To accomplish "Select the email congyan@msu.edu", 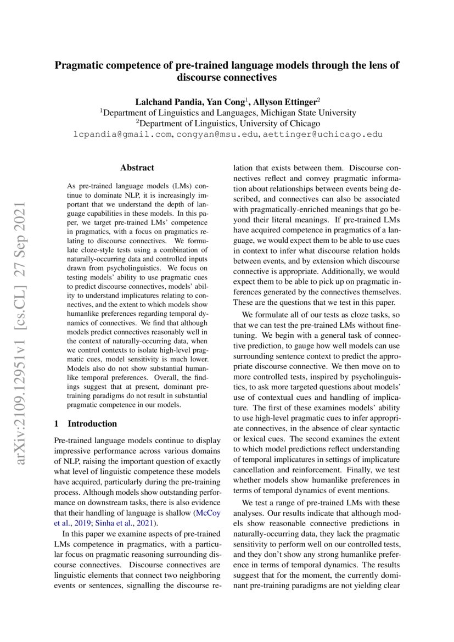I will [221, 135].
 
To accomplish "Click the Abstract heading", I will [137, 168].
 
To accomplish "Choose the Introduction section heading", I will [92, 423].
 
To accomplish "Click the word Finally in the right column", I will [374, 469].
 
